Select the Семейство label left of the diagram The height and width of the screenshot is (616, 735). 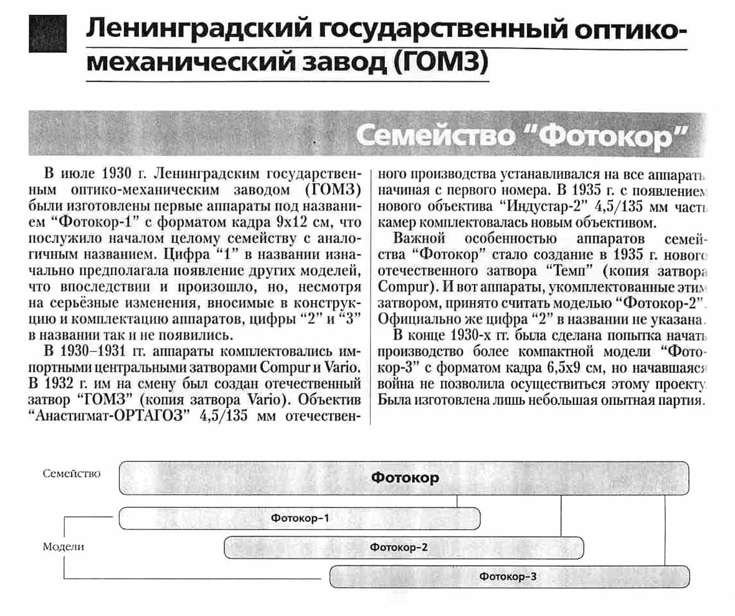tap(72, 473)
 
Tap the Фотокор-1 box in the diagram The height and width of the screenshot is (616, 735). tap(299, 518)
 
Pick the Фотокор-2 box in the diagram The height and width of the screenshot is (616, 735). tap(404, 547)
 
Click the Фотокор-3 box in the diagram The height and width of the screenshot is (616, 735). tap(508, 577)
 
